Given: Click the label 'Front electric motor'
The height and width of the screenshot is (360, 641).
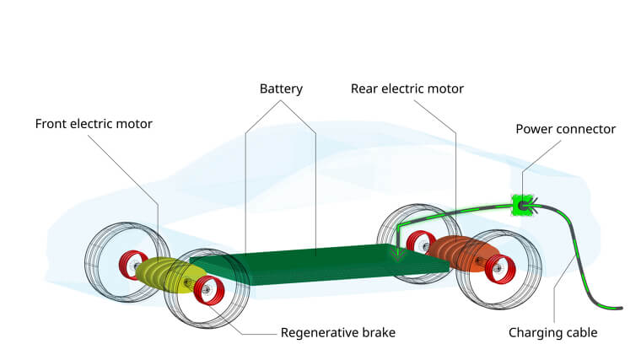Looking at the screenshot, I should pos(94,124).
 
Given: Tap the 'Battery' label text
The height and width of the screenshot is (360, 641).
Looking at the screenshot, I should pos(281,89).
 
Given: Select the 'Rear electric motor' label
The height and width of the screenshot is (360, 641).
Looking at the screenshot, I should pos(407,89).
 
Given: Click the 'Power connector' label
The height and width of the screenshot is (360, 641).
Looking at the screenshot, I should pos(566,129).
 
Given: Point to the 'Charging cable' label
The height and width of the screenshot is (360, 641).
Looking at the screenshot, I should pos(552,332).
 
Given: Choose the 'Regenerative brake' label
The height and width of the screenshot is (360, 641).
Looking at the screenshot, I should pos(337,332).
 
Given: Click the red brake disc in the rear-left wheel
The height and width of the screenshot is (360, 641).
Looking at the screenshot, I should pos(417,243).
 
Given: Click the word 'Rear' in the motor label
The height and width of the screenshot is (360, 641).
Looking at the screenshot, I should pos(364,89).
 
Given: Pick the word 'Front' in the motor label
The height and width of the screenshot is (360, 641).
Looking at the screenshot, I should pos(51,124).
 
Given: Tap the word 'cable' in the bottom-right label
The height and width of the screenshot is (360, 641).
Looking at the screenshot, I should pos(580,332).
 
